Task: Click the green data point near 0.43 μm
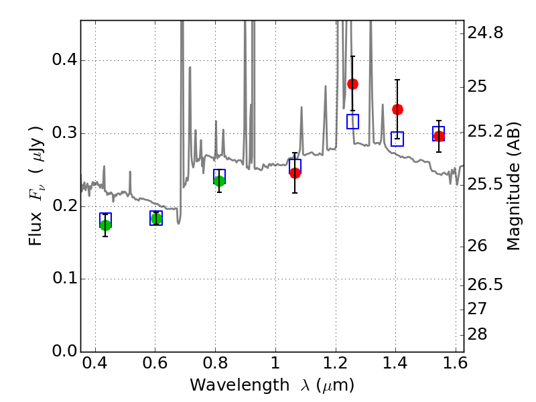point(106,225)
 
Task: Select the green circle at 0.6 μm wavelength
point(156,219)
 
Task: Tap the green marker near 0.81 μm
point(220,181)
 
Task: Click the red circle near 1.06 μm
point(295,173)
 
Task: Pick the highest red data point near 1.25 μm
point(353,84)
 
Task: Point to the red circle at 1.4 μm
point(397,109)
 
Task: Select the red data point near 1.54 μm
point(440,137)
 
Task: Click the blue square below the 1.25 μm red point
point(353,122)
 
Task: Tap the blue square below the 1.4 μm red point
point(397,139)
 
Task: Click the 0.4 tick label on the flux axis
point(64,60)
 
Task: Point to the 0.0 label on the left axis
point(64,351)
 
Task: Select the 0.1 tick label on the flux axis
point(64,278)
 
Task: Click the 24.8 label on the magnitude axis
point(485,33)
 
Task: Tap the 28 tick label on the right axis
point(477,334)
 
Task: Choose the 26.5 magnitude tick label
point(485,284)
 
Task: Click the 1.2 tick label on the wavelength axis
point(336,363)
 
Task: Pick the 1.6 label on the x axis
point(455,363)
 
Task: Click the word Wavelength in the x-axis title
point(240,385)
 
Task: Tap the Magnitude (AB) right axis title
point(513,186)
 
